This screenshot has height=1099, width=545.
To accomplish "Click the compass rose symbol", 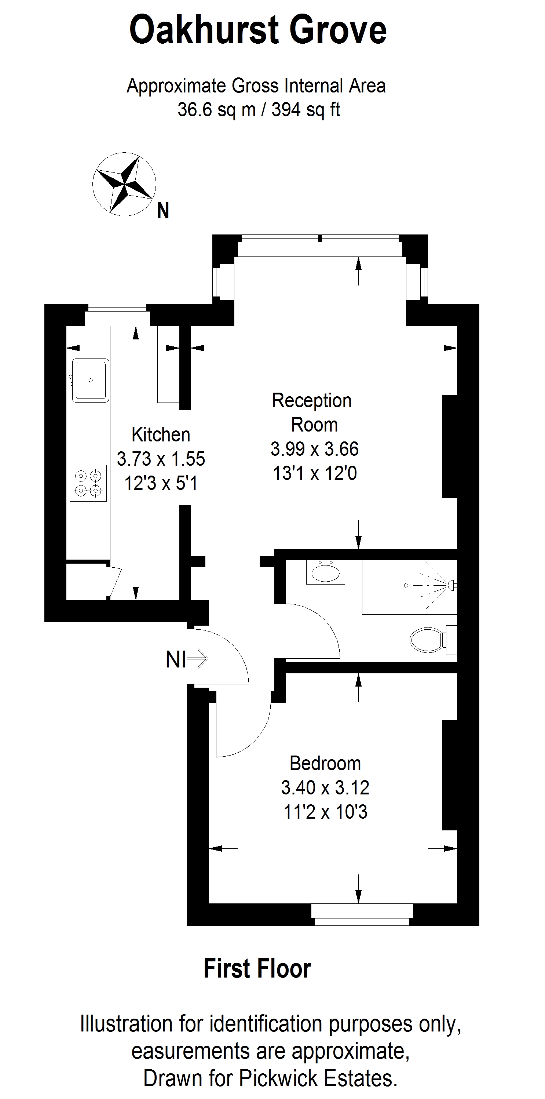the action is click(x=124, y=184).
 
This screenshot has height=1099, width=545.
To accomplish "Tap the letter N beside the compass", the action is click(x=163, y=211).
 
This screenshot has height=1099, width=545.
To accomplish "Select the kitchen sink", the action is click(x=91, y=380).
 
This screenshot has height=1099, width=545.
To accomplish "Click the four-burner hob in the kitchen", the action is click(x=88, y=483).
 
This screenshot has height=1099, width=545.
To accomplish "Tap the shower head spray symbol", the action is click(x=431, y=584).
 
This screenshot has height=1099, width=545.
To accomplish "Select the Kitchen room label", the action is click(x=161, y=435).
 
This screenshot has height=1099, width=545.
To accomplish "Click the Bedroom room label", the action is click(x=325, y=763).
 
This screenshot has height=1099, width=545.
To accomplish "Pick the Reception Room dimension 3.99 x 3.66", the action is click(x=315, y=449).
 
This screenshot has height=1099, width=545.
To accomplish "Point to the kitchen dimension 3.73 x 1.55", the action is click(x=161, y=459).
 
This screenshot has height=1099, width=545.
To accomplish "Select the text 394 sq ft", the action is click(x=306, y=110).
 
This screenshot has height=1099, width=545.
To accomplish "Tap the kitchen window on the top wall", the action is click(x=117, y=315).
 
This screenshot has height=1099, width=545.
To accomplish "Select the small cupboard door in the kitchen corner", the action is click(x=115, y=583).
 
